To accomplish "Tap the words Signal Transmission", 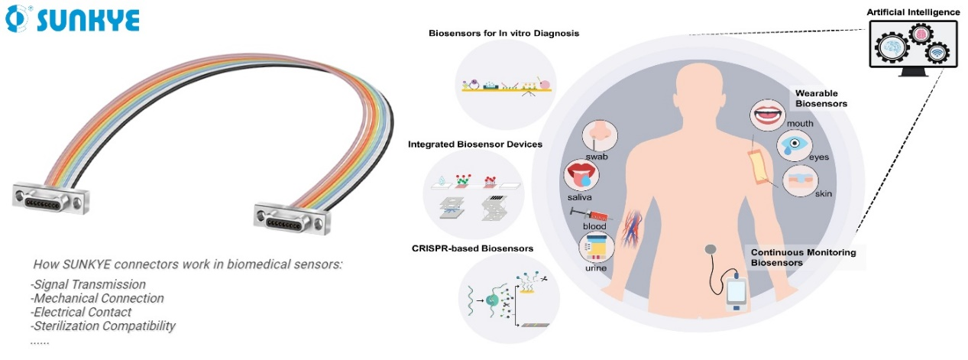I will pos(90,284).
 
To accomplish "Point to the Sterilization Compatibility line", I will pos(105,326).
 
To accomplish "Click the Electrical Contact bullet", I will pos(83,312).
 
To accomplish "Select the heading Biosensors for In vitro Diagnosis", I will pos(504,33).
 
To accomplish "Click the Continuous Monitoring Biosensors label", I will pos(803,257).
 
